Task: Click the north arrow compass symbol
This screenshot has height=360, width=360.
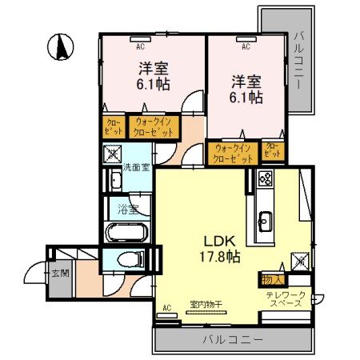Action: point(60,47)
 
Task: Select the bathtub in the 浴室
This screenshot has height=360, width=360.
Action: point(126,234)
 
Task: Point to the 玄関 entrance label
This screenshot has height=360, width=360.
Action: point(60,272)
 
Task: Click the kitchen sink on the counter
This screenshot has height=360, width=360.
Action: point(265,219)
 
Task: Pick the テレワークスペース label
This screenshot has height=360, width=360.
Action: point(286,301)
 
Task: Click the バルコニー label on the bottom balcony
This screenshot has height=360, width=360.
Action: point(232,340)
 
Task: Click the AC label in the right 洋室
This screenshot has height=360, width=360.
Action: point(246,46)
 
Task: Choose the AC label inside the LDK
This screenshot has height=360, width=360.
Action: point(167,306)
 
